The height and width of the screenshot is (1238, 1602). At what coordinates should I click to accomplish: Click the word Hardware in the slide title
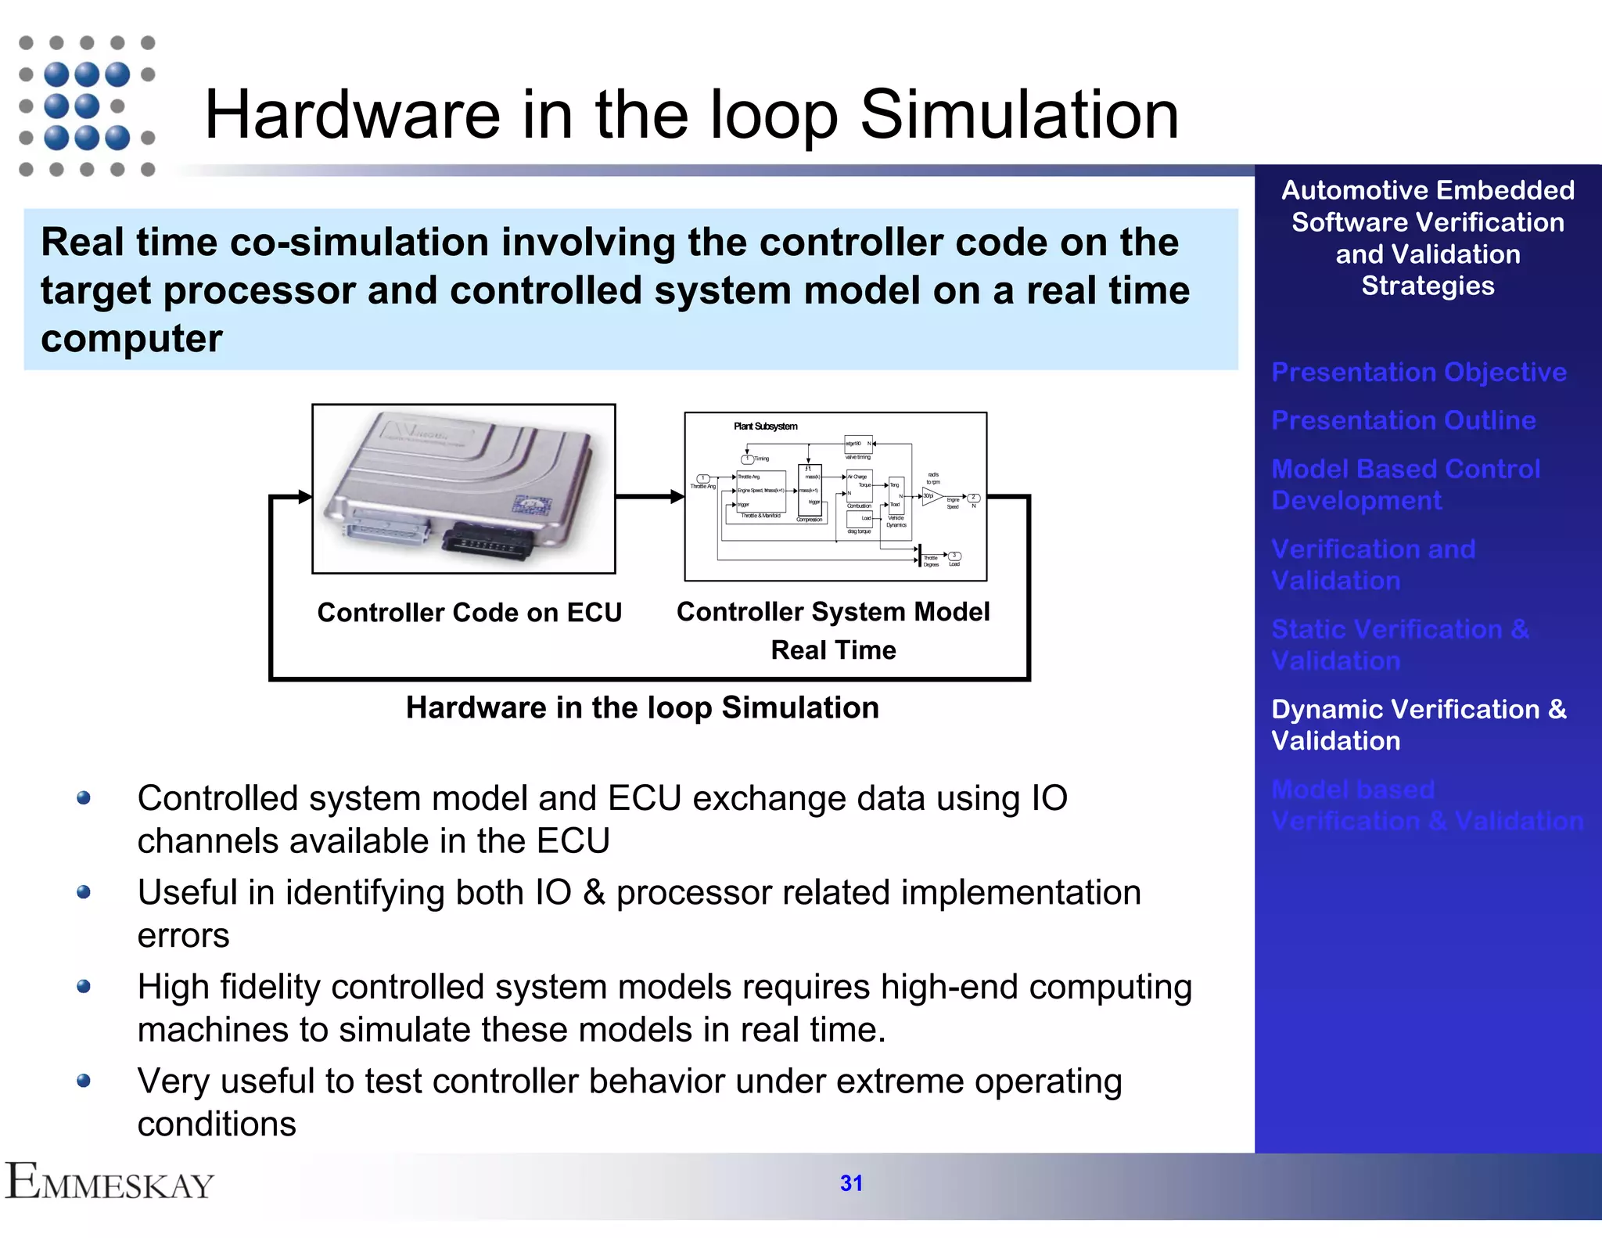tap(352, 115)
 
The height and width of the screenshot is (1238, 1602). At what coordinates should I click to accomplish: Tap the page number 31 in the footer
tap(851, 1183)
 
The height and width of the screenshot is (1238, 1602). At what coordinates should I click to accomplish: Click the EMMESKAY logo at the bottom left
tap(110, 1182)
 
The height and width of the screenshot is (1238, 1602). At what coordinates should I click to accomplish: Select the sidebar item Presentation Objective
tap(1418, 372)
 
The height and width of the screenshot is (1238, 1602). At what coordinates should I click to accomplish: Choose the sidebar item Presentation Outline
tap(1403, 420)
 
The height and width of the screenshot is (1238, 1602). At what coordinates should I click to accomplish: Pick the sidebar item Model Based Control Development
tap(1405, 484)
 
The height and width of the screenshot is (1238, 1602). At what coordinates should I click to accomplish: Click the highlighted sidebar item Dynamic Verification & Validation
tap(1418, 725)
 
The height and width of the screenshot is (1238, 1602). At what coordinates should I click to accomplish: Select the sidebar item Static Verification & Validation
tap(1399, 645)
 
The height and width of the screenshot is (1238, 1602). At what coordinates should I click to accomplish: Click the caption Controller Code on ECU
tap(469, 612)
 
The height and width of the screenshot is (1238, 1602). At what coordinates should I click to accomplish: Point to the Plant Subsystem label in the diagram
tap(765, 426)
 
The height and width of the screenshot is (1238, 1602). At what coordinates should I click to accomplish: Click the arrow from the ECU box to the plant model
tap(649, 496)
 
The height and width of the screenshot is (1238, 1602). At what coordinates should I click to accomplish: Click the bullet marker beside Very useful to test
tap(84, 1081)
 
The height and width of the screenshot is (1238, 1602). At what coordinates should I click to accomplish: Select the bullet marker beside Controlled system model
tap(84, 798)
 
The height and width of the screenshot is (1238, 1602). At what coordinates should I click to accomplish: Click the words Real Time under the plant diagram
tap(833, 650)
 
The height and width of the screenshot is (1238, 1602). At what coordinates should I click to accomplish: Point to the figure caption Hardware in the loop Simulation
tap(642, 707)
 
